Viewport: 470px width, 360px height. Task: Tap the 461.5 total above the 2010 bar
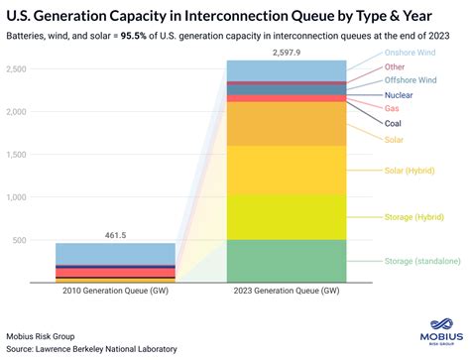click(115, 234)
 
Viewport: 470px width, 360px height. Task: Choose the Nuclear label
click(400, 94)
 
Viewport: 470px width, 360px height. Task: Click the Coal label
click(395, 124)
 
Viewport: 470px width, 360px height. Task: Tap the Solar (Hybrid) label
click(411, 171)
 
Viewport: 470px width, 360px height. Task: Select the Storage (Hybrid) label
click(413, 215)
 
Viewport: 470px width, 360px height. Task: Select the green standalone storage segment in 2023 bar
click(287, 261)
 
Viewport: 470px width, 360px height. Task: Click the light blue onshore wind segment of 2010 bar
click(115, 253)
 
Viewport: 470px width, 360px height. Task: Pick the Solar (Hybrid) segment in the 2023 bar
click(287, 170)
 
